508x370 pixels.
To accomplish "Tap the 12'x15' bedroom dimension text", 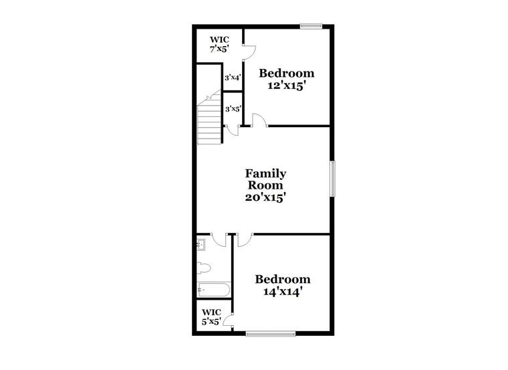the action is tap(287, 86).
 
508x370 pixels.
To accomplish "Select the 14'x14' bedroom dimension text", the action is tap(283, 292).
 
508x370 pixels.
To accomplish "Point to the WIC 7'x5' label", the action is tap(219, 44).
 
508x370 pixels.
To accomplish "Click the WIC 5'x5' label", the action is tap(212, 317).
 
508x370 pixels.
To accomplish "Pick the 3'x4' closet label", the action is tap(233, 78).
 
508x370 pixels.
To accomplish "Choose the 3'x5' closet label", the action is tap(233, 109).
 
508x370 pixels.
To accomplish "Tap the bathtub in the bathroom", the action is tap(214, 290).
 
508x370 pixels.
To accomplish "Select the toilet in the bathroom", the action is tap(204, 268).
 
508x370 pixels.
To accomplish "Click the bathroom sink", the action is tap(201, 245).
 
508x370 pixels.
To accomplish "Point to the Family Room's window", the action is tap(332, 179).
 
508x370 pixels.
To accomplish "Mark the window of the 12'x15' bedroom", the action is tap(311, 27).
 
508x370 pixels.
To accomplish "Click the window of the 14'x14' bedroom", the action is tap(271, 333).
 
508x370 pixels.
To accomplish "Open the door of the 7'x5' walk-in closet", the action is tap(249, 52).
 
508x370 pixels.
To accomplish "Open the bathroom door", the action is tap(219, 240).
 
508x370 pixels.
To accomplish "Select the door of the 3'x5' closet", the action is tap(233, 130).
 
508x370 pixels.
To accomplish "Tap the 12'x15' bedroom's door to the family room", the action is tap(259, 120).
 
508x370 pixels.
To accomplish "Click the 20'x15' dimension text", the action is tap(265, 197).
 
